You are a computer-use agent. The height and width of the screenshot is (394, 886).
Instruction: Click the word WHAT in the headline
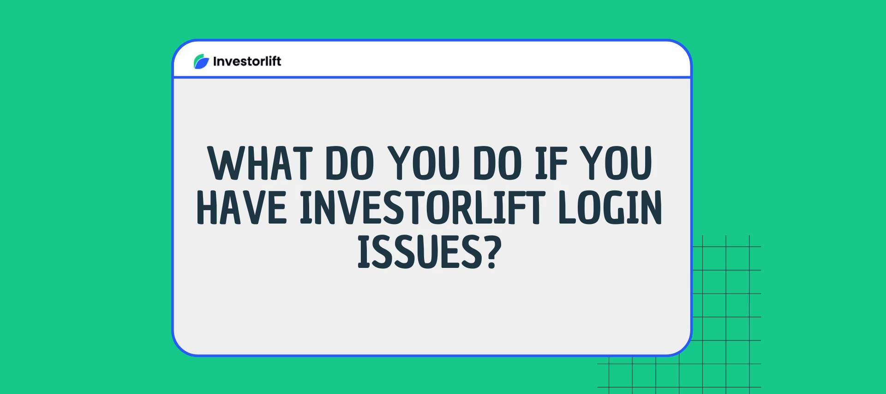260,163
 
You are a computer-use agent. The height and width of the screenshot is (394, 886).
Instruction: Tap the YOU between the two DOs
424,163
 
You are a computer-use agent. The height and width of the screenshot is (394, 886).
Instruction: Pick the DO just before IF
497,163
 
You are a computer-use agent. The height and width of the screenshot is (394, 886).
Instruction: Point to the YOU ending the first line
616,163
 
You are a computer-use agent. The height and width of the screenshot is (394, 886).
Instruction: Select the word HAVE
242,207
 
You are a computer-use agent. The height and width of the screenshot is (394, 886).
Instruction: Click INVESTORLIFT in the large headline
423,207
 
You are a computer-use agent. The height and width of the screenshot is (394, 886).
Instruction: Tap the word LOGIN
611,207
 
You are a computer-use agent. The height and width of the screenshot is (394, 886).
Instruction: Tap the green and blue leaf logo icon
201,61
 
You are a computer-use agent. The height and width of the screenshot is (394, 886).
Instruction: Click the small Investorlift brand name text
247,61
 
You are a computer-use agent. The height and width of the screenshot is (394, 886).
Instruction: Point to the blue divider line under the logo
432,77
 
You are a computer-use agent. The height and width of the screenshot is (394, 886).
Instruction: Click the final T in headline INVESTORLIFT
535,207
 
